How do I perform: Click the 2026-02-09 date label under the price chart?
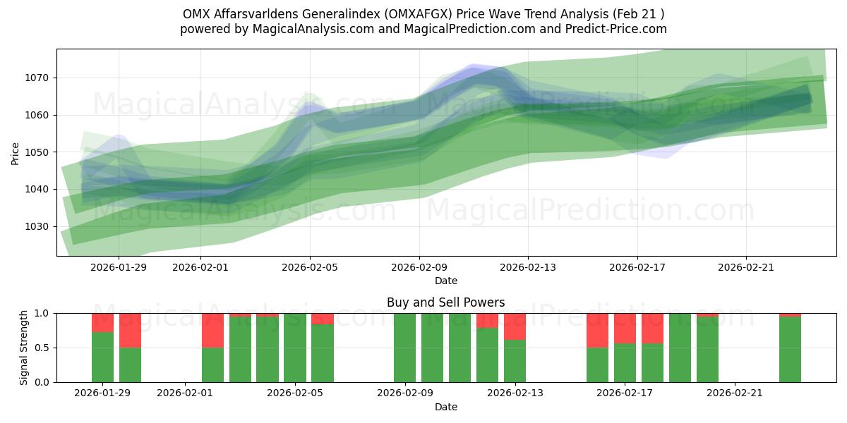click(x=419, y=267)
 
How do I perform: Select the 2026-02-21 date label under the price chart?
click(x=746, y=267)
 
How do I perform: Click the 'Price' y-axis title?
click(x=16, y=152)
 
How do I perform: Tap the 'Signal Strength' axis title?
click(x=23, y=348)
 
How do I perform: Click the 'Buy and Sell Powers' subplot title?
click(x=445, y=302)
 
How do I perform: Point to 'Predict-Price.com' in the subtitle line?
click(x=613, y=29)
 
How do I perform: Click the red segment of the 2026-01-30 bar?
click(x=130, y=330)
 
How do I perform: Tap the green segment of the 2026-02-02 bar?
click(x=212, y=364)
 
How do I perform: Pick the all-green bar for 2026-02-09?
click(x=405, y=348)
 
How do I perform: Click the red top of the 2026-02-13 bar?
click(x=515, y=326)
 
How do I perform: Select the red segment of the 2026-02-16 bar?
click(x=597, y=330)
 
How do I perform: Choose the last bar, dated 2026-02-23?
click(x=790, y=350)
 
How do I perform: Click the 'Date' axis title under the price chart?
click(x=445, y=281)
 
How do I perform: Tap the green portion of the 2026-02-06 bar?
click(x=323, y=353)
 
